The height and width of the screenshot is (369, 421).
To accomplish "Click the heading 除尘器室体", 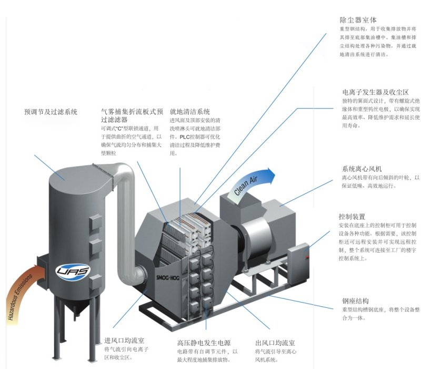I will [358, 20].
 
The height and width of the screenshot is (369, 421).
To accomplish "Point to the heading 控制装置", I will [352, 217].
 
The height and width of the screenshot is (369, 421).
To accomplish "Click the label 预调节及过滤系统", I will [51, 112].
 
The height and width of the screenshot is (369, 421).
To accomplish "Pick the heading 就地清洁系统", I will [189, 112].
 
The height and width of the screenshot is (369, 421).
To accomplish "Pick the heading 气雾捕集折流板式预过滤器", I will [133, 115].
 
